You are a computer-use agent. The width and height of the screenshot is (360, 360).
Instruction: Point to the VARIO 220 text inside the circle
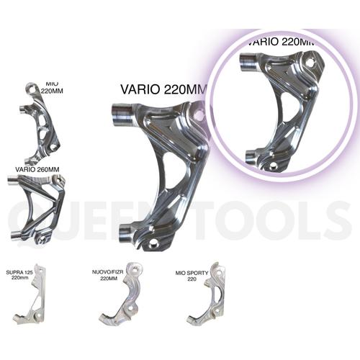(281, 42)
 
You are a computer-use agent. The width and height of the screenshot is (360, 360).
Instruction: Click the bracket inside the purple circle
(284, 108)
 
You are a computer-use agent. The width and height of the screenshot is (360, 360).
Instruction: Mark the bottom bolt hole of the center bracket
(153, 243)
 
